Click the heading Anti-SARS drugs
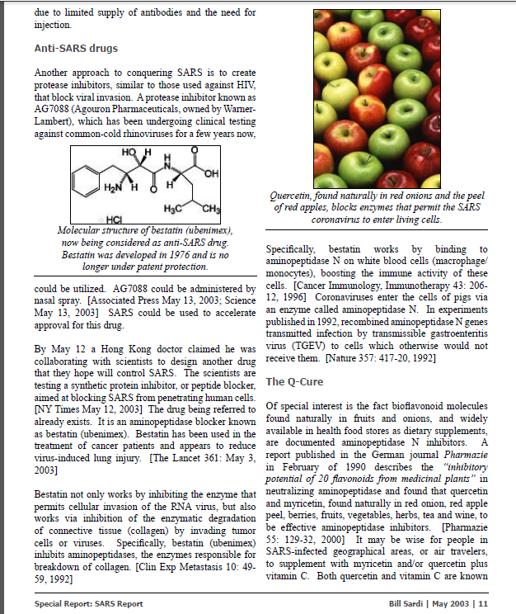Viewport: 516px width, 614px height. [x=76, y=48]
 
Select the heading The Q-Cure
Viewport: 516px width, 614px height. [x=294, y=382]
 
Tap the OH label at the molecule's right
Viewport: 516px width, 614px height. [x=215, y=173]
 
